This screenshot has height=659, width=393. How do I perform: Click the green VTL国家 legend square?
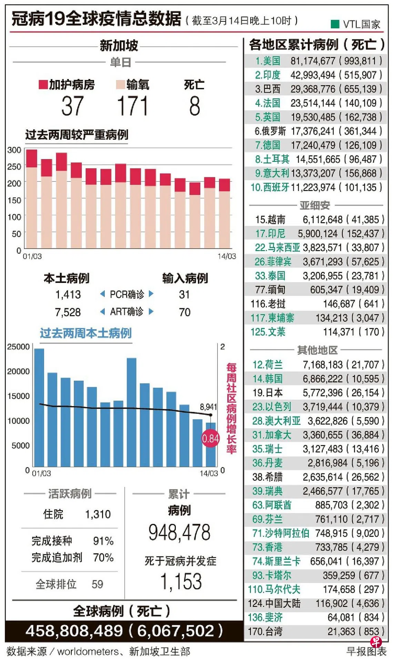tap(335, 24)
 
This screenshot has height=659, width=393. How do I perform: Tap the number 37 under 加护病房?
tap(72, 106)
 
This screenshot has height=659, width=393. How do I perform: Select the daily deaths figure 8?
tap(194, 106)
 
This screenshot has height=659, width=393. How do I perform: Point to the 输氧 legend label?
tap(138, 85)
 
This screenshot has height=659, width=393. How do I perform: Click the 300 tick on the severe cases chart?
tap(14, 150)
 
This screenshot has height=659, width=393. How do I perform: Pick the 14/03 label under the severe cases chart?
tap(226, 256)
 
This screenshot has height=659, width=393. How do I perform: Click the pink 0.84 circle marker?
tap(210, 439)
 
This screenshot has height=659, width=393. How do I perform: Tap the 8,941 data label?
tap(209, 407)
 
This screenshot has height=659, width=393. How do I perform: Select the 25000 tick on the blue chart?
tap(18, 347)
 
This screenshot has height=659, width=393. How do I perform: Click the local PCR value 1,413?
tap(68, 295)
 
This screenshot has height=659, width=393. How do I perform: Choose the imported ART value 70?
tap(184, 312)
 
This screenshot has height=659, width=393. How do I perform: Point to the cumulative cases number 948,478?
tap(179, 532)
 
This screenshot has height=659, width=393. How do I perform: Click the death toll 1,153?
tap(181, 581)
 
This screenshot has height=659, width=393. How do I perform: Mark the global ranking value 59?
tap(97, 584)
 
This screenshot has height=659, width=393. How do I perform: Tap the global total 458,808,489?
tap(74, 631)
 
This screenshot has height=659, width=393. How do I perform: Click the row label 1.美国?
tap(268, 61)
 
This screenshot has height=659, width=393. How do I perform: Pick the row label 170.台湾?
tap(265, 631)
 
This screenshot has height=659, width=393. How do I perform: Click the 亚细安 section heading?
tap(314, 205)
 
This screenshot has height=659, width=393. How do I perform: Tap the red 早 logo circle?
tap(376, 641)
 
